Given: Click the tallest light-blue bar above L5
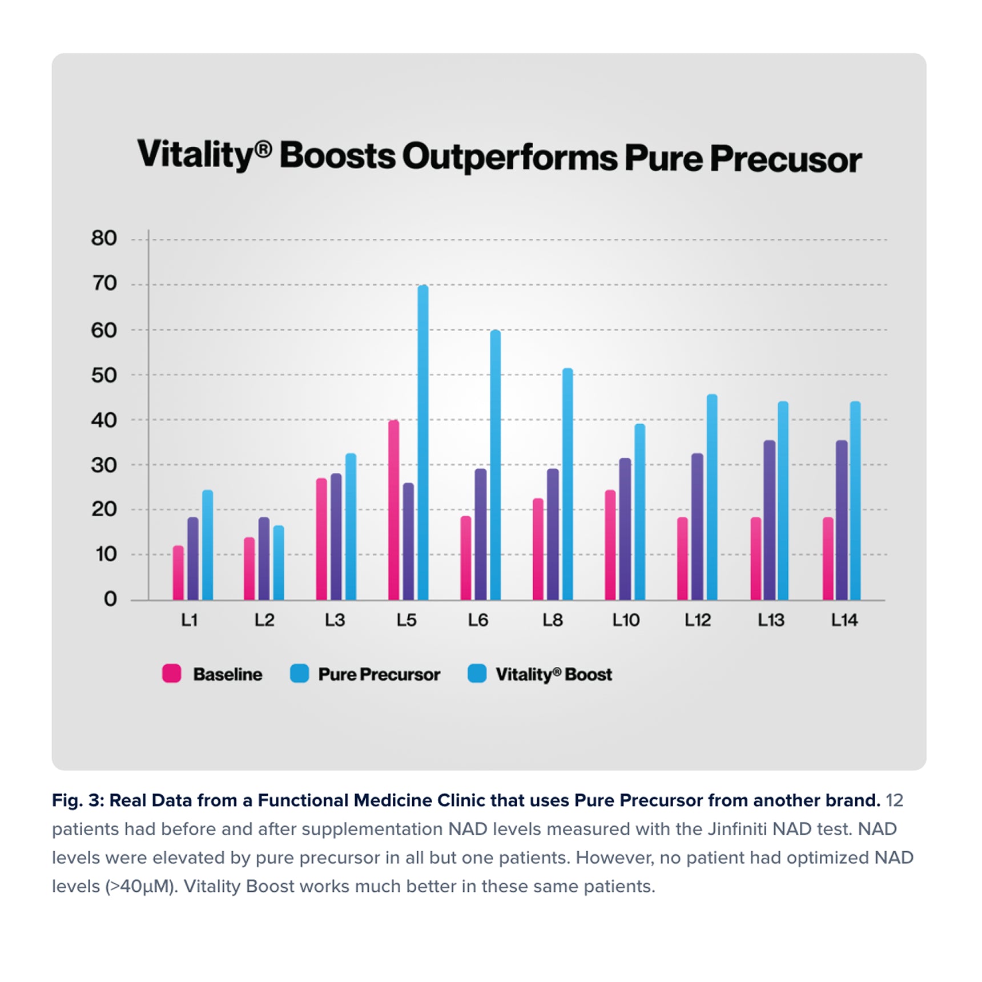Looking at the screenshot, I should pyautogui.click(x=422, y=442).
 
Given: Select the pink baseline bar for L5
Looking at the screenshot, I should pyautogui.click(x=393, y=510).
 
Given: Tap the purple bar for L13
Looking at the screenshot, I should pyautogui.click(x=769, y=520).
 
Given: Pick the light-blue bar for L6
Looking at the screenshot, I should pyautogui.click(x=495, y=465).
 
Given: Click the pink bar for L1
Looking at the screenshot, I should pyautogui.click(x=178, y=573).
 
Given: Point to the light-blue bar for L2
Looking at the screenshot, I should pyautogui.click(x=278, y=562).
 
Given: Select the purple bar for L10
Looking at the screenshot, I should pyautogui.click(x=625, y=529).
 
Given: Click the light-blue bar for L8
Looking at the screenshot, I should pyautogui.click(x=567, y=484).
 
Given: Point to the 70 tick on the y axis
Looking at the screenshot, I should pyautogui.click(x=104, y=284).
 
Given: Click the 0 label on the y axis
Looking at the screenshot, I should pyautogui.click(x=110, y=599).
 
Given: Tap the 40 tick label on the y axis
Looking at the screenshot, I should pyautogui.click(x=104, y=421).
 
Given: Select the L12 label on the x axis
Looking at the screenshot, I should pyautogui.click(x=698, y=620).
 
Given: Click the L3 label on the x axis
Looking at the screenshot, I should pyautogui.click(x=335, y=620).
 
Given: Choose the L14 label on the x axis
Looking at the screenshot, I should pyautogui.click(x=844, y=620).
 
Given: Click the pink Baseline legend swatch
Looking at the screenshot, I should pyautogui.click(x=172, y=674).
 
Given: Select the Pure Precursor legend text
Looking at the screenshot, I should pyautogui.click(x=379, y=674).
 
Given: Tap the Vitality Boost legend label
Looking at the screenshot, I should pyautogui.click(x=553, y=674).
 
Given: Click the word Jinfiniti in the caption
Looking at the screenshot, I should pyautogui.click(x=737, y=829).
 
